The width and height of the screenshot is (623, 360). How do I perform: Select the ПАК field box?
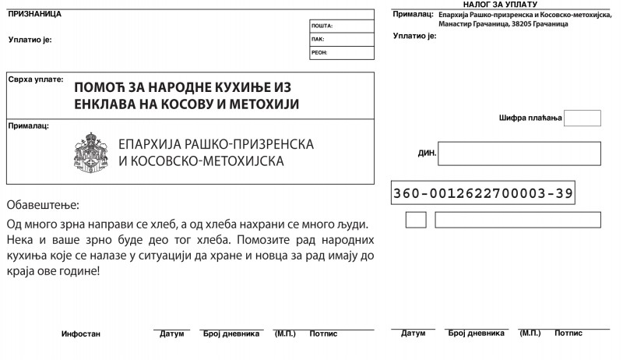tap(342, 39)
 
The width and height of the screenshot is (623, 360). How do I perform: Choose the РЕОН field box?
tap(342, 52)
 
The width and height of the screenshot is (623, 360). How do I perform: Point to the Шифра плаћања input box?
tap(582, 118)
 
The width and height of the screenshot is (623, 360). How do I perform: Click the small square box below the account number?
tap(416, 220)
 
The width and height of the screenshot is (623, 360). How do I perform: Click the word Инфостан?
tap(81, 334)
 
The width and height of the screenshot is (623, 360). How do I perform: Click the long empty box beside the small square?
tap(517, 220)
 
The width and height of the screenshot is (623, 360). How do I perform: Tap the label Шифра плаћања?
tap(530, 118)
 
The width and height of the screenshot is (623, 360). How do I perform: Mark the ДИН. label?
tap(427, 154)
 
